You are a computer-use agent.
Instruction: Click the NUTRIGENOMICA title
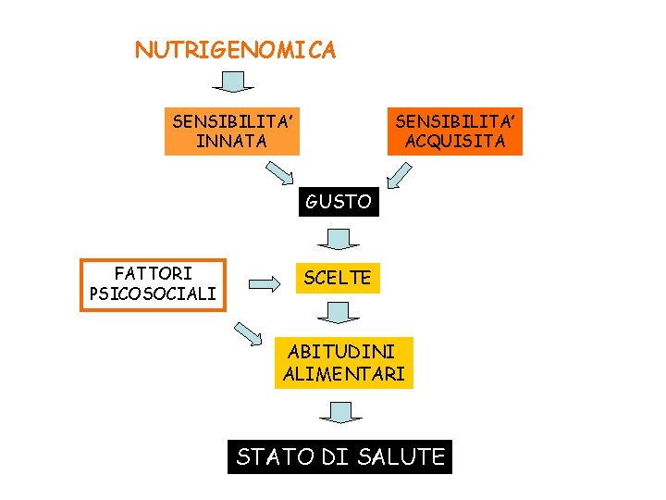235,50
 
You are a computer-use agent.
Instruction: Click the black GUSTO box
339,201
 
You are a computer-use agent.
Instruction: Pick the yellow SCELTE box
338,277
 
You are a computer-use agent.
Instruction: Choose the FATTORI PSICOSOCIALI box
153,284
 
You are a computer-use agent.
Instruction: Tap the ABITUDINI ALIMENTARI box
343,363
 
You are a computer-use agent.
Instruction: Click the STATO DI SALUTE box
339,456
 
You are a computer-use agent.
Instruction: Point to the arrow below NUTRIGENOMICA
233,81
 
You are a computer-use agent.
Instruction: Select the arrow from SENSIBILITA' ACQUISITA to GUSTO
400,174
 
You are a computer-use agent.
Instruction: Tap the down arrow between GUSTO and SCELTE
339,240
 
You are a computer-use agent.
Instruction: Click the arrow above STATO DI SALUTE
340,412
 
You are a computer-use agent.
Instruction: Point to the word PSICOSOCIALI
153,294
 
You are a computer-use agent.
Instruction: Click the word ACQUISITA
455,142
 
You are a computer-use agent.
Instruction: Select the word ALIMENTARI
343,374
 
